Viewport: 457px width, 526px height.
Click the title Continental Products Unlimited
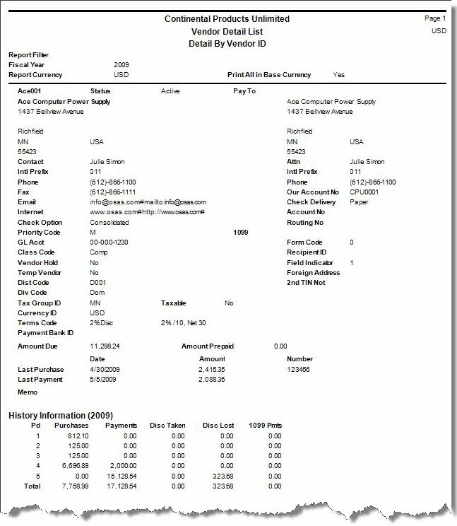pos(227,19)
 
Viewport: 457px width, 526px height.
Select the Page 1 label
pos(434,18)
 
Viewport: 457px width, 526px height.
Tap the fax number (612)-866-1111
pos(113,192)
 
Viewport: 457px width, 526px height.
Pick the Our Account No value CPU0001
pos(364,192)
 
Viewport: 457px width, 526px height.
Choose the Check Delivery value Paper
pos(359,202)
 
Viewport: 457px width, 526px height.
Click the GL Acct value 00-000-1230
pos(110,242)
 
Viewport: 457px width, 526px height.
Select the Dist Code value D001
pos(98,283)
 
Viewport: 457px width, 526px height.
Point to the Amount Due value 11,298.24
pos(105,346)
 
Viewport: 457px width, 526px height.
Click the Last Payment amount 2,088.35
pos(212,380)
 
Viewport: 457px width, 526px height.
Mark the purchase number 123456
pos(299,370)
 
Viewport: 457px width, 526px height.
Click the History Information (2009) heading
pos(61,415)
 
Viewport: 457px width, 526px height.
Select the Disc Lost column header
pos(218,426)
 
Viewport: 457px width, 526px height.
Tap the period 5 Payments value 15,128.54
pos(120,477)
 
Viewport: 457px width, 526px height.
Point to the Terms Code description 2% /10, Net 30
pos(184,323)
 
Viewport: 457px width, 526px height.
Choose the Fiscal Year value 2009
pos(121,65)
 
